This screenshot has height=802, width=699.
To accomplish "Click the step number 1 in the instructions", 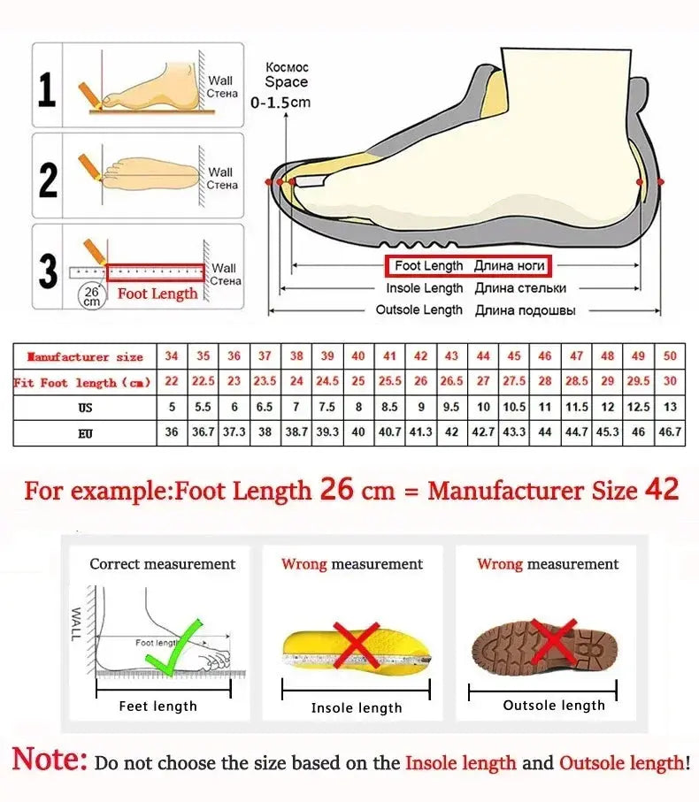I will point(48,89).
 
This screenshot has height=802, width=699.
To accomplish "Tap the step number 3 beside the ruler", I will point(48,272).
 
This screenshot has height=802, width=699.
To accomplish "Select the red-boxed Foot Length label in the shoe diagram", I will point(468,265).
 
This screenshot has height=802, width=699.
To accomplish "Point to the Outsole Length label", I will point(419,310).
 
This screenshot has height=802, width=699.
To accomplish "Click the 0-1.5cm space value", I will point(281,103).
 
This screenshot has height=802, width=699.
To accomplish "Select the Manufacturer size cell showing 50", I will point(670,356).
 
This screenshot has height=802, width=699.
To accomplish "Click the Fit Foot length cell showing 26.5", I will point(452,382).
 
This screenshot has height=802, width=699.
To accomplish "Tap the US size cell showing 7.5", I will point(327,408).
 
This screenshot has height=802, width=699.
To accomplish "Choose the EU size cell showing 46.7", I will point(670,433).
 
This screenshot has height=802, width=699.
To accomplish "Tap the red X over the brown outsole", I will point(555,643).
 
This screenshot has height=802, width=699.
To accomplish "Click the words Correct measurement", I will point(163,564).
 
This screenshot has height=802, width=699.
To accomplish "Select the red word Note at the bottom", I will point(50,759).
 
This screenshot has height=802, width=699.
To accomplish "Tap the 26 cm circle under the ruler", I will point(91,296).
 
